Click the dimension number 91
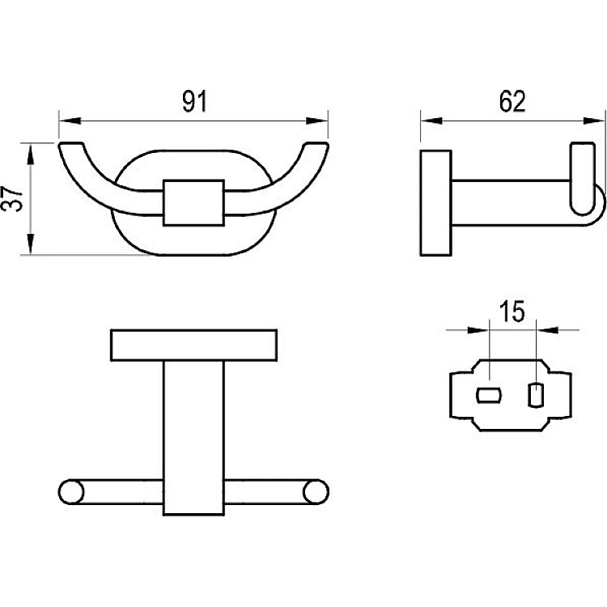(195, 101)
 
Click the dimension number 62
(512, 101)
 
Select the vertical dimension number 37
(12, 199)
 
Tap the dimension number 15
(511, 312)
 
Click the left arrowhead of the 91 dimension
(70, 121)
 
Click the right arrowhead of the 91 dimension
(317, 121)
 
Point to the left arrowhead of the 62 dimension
(431, 121)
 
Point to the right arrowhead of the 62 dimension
(593, 121)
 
